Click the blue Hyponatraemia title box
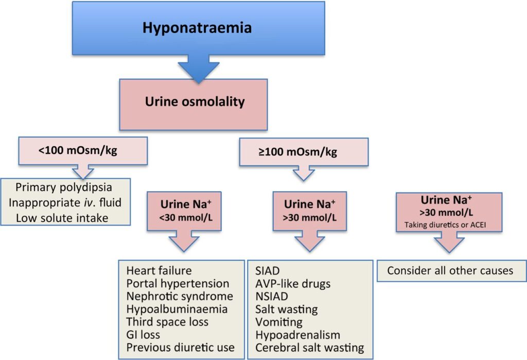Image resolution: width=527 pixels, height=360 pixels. point(198,27)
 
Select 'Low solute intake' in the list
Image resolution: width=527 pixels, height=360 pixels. point(62,217)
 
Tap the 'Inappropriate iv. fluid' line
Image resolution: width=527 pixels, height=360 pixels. point(65,202)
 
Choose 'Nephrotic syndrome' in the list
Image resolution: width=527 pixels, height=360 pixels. point(180,297)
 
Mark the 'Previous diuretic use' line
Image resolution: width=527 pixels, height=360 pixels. point(181,348)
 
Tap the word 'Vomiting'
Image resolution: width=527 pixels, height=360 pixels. point(278,322)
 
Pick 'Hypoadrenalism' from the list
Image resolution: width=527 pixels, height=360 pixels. point(297,335)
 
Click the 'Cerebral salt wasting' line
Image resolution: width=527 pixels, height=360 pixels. point(309,348)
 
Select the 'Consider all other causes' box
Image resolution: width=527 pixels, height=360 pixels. point(450,270)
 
